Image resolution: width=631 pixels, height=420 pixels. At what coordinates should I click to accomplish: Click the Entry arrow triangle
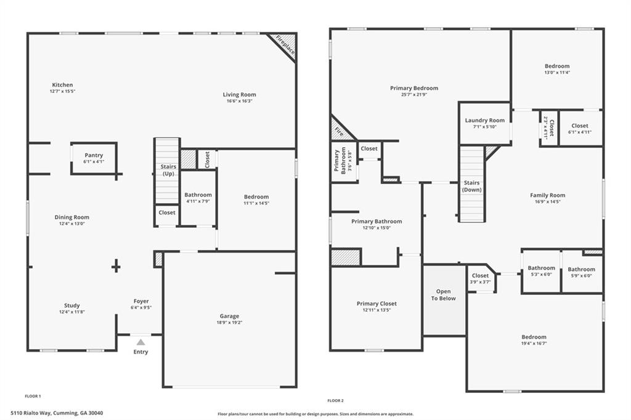point(141,342)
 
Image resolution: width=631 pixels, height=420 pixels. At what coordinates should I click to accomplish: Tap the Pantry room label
point(94,155)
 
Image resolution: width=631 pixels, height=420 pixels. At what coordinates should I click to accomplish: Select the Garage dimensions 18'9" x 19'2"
point(230,322)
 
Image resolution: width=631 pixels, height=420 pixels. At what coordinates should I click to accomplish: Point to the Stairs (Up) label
point(168,171)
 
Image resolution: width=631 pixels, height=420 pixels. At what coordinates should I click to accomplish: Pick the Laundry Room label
point(484,121)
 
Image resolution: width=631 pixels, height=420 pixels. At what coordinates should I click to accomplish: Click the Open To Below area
point(444,295)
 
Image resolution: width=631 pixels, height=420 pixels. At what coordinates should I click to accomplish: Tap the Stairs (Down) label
point(471,186)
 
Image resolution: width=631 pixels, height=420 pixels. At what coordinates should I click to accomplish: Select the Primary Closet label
point(377,304)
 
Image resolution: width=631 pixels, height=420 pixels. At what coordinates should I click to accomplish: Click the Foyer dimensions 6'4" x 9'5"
point(141,307)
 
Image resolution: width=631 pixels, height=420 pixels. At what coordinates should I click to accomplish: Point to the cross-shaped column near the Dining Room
point(116,266)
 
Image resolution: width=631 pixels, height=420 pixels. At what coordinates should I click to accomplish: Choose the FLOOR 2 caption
point(335,400)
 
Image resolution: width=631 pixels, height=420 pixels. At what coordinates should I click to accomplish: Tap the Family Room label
point(547,195)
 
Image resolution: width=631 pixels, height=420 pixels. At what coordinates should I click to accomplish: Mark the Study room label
point(72,305)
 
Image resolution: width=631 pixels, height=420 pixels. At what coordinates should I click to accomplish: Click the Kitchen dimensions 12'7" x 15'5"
point(62,91)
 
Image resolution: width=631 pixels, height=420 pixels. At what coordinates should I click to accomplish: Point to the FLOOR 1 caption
point(33,396)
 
